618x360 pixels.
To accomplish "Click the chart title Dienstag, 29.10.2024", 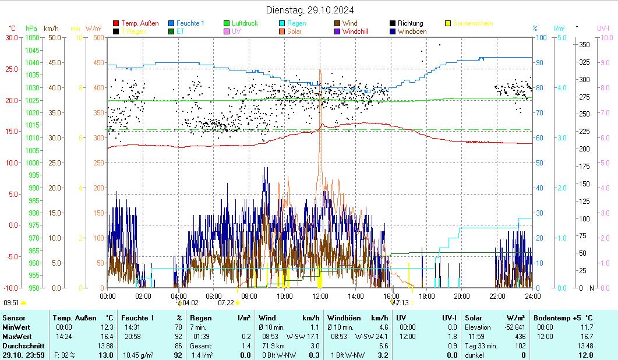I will (309, 10).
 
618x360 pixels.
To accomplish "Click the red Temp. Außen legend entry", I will (139, 23).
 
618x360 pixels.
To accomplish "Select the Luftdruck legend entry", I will (244, 23).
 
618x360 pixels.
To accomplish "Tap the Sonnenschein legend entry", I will (472, 23).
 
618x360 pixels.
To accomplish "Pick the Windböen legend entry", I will (412, 31).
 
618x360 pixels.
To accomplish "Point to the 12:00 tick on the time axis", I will (320, 296).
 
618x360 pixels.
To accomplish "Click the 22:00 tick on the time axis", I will (497, 296).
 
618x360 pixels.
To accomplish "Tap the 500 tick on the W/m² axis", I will (98, 37).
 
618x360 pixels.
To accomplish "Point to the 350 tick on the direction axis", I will (585, 44).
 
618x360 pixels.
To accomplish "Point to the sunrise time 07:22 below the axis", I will (225, 303).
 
